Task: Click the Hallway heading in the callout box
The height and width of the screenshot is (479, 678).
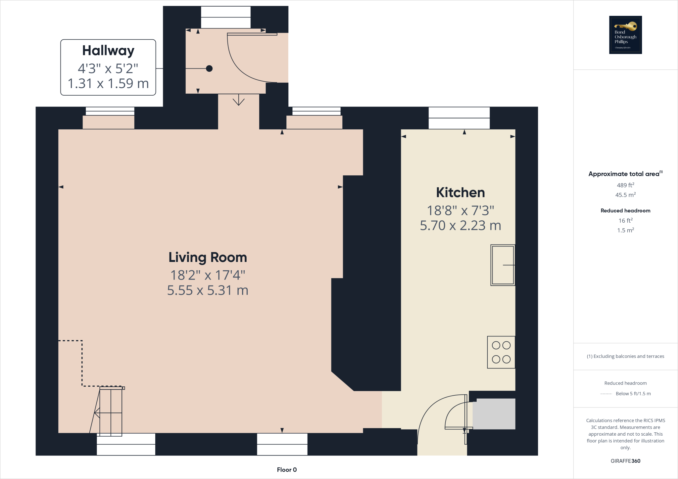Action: click(x=108, y=51)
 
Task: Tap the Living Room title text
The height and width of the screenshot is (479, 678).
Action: click(x=208, y=257)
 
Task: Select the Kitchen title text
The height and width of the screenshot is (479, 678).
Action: click(x=460, y=193)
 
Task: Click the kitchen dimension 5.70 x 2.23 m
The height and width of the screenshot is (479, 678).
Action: click(x=460, y=226)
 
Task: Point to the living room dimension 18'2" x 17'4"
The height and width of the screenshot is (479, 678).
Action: click(x=208, y=275)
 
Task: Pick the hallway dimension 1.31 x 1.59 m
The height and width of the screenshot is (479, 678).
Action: click(x=108, y=83)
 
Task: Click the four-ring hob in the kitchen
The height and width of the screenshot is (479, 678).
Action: click(x=501, y=352)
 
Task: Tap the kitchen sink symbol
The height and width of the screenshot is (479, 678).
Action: click(x=503, y=265)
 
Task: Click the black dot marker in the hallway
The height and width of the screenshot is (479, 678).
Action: click(x=209, y=68)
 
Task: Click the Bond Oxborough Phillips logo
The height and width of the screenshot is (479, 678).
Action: click(x=625, y=35)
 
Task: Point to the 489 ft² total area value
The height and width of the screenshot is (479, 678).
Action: click(x=625, y=185)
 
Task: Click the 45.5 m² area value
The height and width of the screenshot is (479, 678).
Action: click(x=625, y=195)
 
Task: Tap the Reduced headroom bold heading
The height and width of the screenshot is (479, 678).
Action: click(x=625, y=211)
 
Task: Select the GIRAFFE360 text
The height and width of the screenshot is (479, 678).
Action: click(x=625, y=461)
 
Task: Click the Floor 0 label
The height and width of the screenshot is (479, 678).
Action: click(x=287, y=470)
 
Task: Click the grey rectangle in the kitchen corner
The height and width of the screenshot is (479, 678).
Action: click(x=494, y=414)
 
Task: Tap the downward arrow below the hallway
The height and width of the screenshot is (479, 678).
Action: click(x=238, y=101)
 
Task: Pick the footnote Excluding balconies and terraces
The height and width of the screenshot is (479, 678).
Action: click(x=625, y=356)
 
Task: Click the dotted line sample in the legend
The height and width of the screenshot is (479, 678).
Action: click(x=606, y=394)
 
